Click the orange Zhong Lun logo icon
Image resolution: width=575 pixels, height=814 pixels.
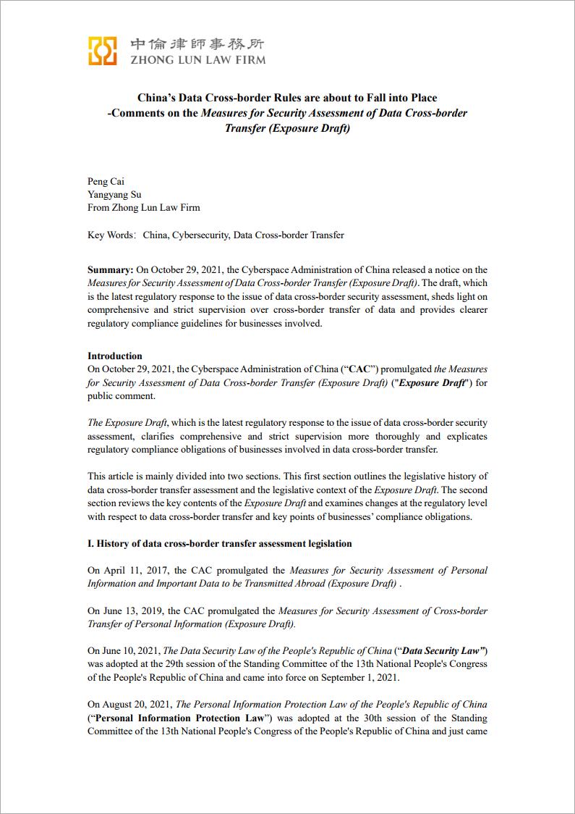coord(102,51)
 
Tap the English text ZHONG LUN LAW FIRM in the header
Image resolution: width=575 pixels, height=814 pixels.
coord(197,60)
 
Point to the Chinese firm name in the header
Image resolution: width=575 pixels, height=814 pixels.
coord(197,43)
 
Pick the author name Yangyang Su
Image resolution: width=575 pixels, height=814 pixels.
coord(114,194)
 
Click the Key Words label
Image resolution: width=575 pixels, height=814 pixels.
coord(110,235)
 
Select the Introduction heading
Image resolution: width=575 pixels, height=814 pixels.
coord(115,356)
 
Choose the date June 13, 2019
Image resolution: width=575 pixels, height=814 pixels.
coord(133,610)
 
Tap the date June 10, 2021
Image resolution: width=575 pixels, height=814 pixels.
coord(132,650)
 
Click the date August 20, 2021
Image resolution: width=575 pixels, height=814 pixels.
coord(137,704)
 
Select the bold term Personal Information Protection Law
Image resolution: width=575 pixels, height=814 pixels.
coord(179,718)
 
